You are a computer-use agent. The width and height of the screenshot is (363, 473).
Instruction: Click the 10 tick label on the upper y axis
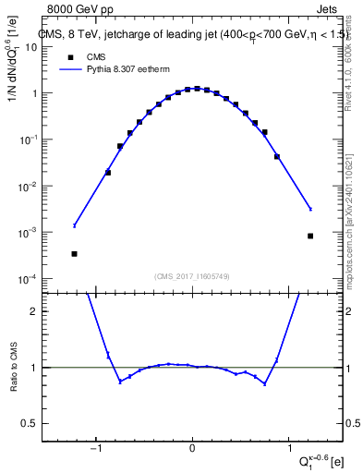pos(42,47)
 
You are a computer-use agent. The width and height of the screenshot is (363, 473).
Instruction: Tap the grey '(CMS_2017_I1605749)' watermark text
pos(192,275)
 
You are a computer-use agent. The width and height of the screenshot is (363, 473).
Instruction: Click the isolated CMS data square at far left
pos(74,254)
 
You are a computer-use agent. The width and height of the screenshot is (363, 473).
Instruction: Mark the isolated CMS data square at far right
pos(310,236)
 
